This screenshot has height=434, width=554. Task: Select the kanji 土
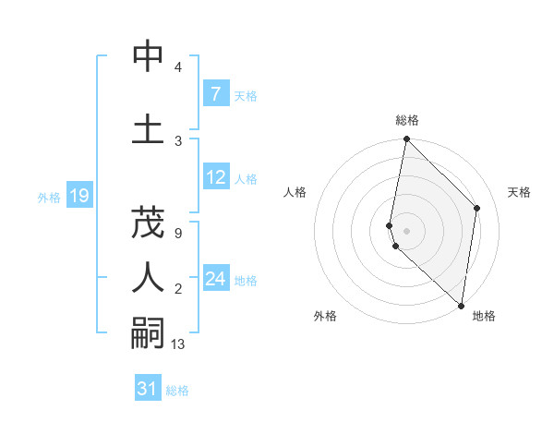148,128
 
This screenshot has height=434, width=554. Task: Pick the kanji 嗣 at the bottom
148,332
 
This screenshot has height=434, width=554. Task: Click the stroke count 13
178,344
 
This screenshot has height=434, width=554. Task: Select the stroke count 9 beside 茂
177,234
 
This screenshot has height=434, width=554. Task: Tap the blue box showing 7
215,94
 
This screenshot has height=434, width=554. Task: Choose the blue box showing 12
215,177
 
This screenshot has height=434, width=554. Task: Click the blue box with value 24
215,279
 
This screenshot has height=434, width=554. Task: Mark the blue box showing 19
78,196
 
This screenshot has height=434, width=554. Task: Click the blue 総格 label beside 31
177,391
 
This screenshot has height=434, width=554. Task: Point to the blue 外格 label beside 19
49,197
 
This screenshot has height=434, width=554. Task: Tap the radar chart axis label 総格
407,120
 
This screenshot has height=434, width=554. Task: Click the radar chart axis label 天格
520,192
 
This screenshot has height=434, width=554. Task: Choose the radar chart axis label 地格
484,317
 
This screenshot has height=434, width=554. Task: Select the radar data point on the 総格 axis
406,139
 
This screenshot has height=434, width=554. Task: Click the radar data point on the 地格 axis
461,306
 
